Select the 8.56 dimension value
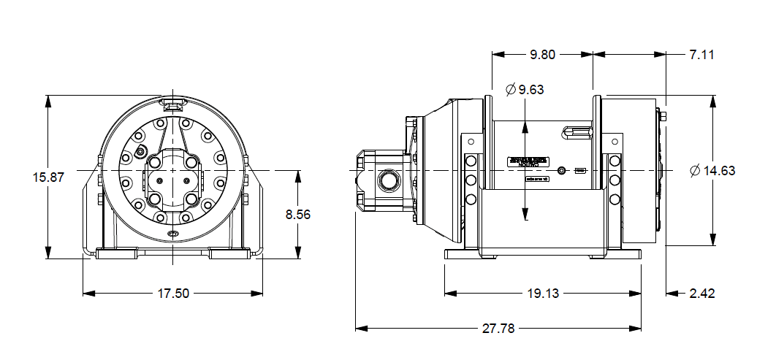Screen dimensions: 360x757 pos(298,214)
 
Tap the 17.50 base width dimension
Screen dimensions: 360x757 pos(173,294)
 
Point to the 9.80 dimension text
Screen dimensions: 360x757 pos(543,54)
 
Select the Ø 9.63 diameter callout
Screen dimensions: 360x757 pos(525,90)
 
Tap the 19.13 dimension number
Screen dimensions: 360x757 pos(543,294)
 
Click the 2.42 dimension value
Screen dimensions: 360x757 pos(701,294)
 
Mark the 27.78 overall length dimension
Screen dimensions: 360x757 pos(499,329)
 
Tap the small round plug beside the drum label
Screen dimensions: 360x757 pos(561,171)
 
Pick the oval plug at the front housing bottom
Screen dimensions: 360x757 pos(172,234)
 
